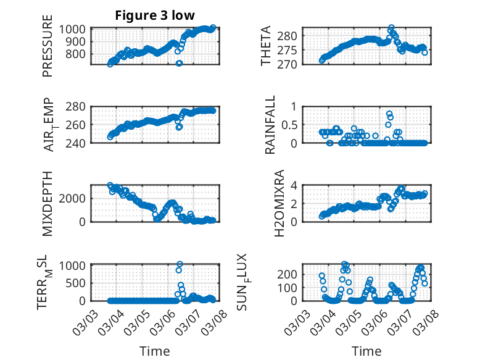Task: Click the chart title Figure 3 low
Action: point(155,15)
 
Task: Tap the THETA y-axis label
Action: point(266,47)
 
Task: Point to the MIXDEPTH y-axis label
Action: point(48,203)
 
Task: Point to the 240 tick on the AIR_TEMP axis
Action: point(79,143)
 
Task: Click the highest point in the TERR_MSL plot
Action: point(180,264)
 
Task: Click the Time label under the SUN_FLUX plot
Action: point(366,351)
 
